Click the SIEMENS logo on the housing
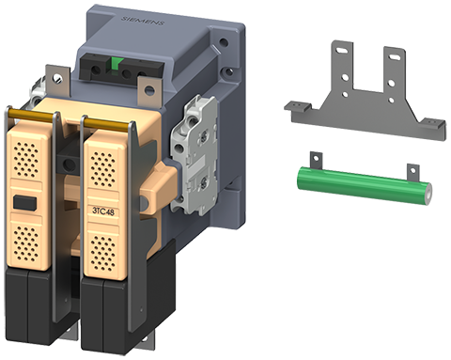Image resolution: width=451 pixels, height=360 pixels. tap(143, 22)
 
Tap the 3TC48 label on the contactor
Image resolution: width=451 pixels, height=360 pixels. tap(103, 211)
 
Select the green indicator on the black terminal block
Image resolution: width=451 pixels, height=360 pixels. tap(116, 65)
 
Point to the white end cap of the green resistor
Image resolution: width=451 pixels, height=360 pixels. tap(428, 195)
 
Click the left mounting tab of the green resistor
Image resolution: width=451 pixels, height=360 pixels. tap(316, 161)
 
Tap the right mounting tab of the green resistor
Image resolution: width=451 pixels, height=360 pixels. tap(413, 172)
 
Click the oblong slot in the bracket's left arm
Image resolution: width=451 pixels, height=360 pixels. tap(343, 50)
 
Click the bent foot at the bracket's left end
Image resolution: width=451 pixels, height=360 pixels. tap(298, 106)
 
